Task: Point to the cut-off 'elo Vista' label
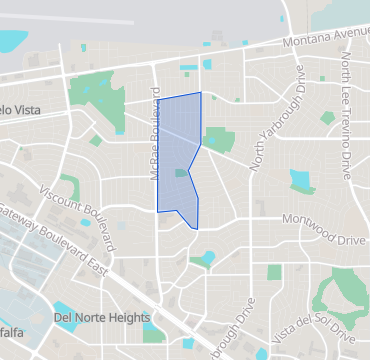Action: tap(20, 110)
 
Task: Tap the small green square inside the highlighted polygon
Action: tap(180, 173)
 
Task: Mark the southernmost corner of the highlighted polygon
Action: tap(196, 228)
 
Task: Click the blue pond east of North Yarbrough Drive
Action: tap(299, 180)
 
